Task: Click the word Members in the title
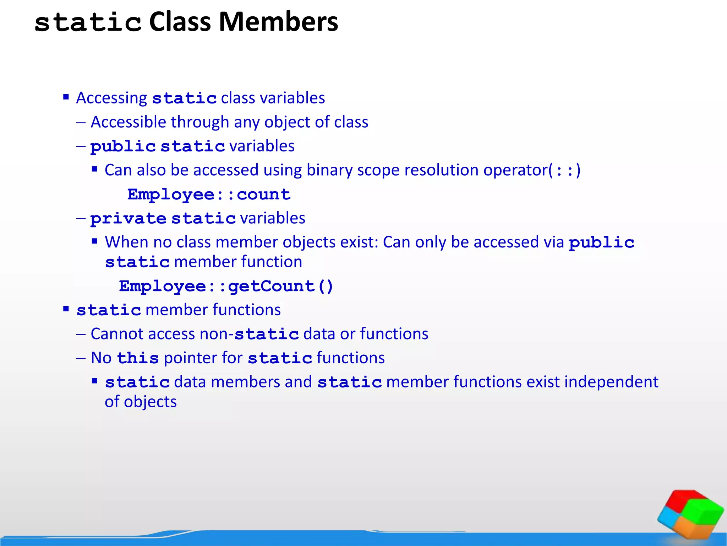[278, 22]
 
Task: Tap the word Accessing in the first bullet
[111, 98]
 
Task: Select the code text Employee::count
[209, 194]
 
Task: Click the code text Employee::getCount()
[226, 286]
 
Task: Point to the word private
[128, 218]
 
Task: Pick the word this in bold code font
[138, 358]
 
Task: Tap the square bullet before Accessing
[66, 97]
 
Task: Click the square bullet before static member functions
[66, 309]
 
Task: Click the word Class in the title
[180, 22]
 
